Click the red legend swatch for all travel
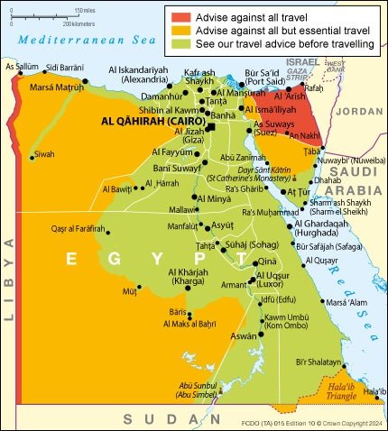(x=179, y=15)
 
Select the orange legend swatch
(x=179, y=29)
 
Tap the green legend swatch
(x=179, y=43)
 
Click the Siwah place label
(x=45, y=154)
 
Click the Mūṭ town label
(x=130, y=292)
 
